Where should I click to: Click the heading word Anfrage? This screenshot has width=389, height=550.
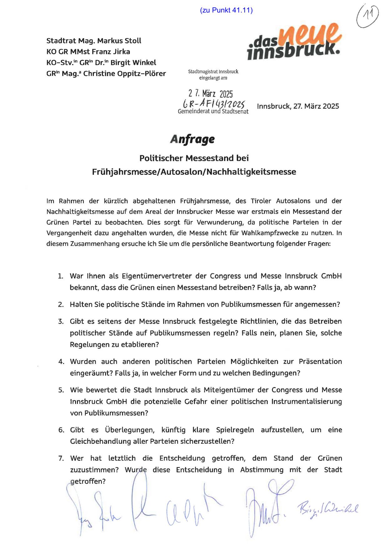point(192,139)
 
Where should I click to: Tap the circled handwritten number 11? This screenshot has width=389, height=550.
point(367,16)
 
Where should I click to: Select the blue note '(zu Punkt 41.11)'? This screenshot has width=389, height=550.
point(226,10)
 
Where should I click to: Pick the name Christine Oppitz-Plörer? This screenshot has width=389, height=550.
point(125,74)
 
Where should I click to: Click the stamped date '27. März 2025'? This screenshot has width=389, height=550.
point(210,93)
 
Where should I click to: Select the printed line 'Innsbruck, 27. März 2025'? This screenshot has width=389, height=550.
point(298,106)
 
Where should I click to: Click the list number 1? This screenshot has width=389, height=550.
point(60,276)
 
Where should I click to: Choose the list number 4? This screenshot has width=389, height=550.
point(61,362)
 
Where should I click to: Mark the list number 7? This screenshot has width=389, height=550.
point(61,459)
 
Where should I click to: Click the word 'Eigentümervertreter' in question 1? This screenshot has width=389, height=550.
point(157,276)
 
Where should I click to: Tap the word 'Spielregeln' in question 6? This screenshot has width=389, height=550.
point(235,430)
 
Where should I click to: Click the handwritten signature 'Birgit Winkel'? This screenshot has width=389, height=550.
point(328,510)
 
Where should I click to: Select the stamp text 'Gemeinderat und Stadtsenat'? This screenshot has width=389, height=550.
point(213,112)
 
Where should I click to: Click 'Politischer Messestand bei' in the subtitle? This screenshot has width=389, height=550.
point(194,158)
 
